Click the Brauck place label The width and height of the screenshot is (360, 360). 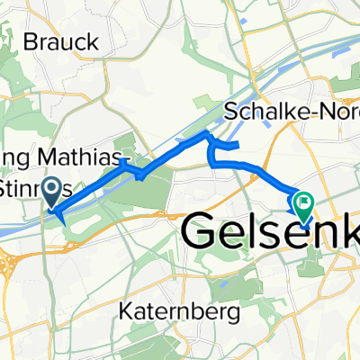57,40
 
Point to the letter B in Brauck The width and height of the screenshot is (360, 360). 30,40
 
